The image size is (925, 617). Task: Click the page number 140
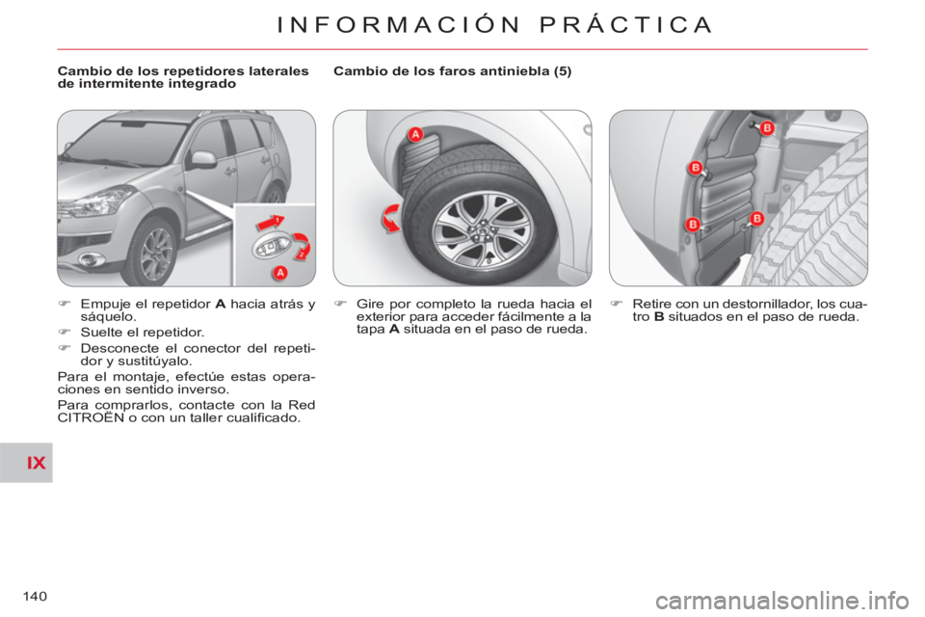35,597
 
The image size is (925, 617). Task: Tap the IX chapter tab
27,463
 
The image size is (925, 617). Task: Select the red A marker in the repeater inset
280,273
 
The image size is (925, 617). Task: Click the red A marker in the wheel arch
416,135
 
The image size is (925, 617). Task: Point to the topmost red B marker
767,127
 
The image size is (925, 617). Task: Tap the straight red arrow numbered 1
270,223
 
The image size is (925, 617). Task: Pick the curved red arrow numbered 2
303,246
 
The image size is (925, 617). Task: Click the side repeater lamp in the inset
272,247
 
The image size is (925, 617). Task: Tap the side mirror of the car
203,159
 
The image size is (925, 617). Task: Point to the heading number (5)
562,70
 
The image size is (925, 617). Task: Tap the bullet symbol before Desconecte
65,348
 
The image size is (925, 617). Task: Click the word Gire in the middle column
370,304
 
